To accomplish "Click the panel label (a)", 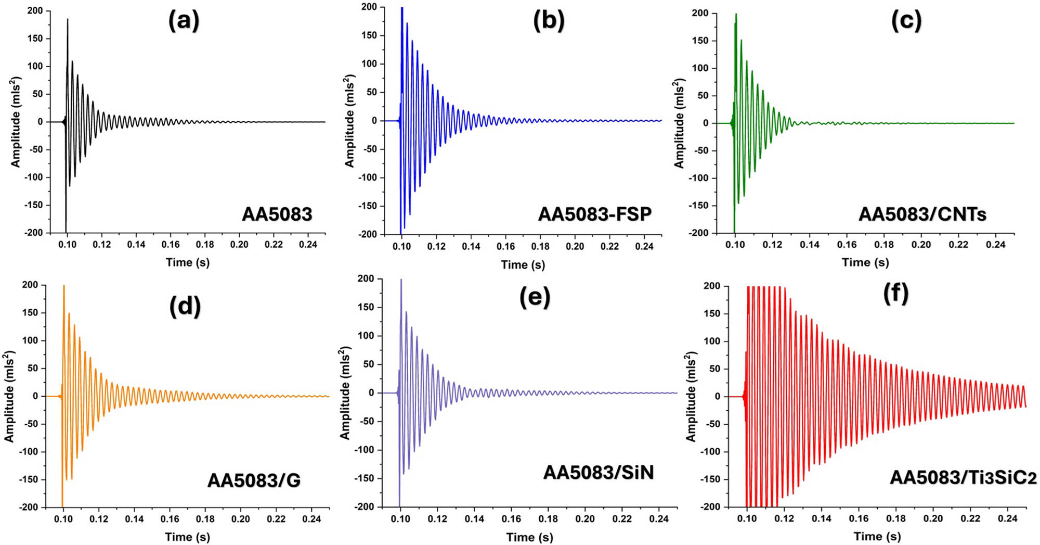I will [x=184, y=21].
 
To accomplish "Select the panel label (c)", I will [x=906, y=21].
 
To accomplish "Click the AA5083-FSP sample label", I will [x=594, y=214].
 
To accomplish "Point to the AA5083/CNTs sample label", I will [x=922, y=214].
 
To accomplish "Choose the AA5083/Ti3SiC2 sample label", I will [x=963, y=477].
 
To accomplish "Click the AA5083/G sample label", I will [x=254, y=480].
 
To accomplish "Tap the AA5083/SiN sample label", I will [x=598, y=472].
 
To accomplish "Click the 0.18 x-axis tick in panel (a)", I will [x=205, y=245].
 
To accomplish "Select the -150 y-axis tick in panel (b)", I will [x=369, y=206].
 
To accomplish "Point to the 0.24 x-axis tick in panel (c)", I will [x=995, y=245].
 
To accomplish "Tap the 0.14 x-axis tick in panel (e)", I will [x=474, y=519].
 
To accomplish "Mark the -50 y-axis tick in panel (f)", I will [x=710, y=424].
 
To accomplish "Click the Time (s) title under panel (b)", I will [x=523, y=265].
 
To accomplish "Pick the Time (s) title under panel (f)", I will [x=877, y=536].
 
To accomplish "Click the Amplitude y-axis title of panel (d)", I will [x=9, y=397].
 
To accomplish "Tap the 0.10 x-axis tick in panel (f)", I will [x=747, y=518].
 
